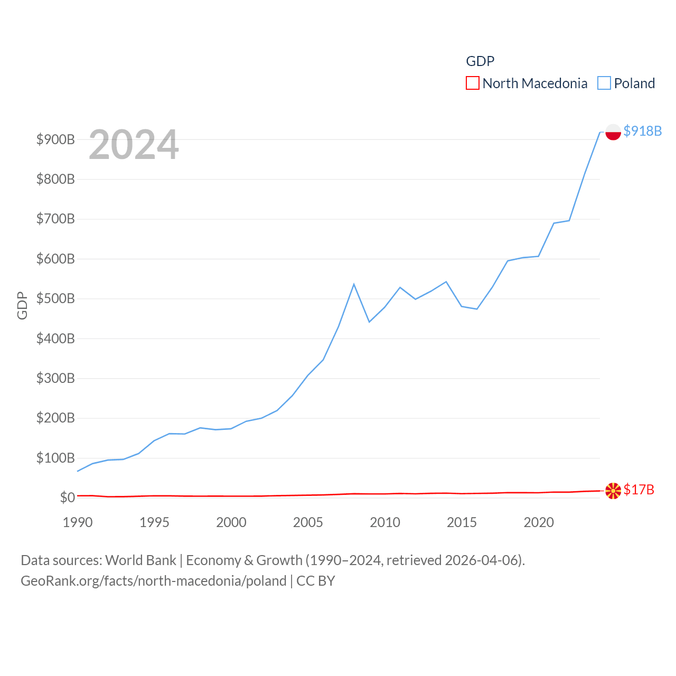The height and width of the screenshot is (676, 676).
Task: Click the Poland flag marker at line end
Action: pyautogui.click(x=613, y=132)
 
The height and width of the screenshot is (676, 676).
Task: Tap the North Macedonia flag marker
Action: pyautogui.click(x=613, y=491)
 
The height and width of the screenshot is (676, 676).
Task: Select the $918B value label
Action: pyautogui.click(x=642, y=131)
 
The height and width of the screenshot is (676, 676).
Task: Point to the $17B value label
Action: pyautogui.click(x=639, y=490)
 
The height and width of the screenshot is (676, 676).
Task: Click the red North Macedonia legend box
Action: pyautogui.click(x=472, y=83)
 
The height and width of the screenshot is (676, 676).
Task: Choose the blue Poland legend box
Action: pyautogui.click(x=604, y=83)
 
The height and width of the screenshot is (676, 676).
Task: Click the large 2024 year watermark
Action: pyautogui.click(x=134, y=145)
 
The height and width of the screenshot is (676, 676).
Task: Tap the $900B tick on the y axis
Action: pyautogui.click(x=55, y=139)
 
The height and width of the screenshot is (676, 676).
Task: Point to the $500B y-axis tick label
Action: pyautogui.click(x=55, y=298)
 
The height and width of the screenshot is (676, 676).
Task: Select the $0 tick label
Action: pyautogui.click(x=67, y=497)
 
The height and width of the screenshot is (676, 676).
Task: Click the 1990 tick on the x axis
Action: pyautogui.click(x=78, y=522)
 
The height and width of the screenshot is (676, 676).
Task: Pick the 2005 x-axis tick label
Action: pyautogui.click(x=308, y=522)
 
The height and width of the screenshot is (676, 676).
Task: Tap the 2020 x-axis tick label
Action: pyautogui.click(x=539, y=522)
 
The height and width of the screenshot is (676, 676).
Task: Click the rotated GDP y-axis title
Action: pyautogui.click(x=22, y=305)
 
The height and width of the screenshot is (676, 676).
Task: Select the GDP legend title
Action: pyautogui.click(x=480, y=61)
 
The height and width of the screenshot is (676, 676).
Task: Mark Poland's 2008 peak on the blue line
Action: pyautogui.click(x=354, y=284)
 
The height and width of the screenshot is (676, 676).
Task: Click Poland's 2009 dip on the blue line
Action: pyautogui.click(x=369, y=322)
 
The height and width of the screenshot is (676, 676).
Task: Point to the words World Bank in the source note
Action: pyautogui.click(x=140, y=560)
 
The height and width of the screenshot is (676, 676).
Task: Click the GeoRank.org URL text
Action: pyautogui.click(x=153, y=581)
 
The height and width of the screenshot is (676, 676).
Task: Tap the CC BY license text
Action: pyautogui.click(x=316, y=581)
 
